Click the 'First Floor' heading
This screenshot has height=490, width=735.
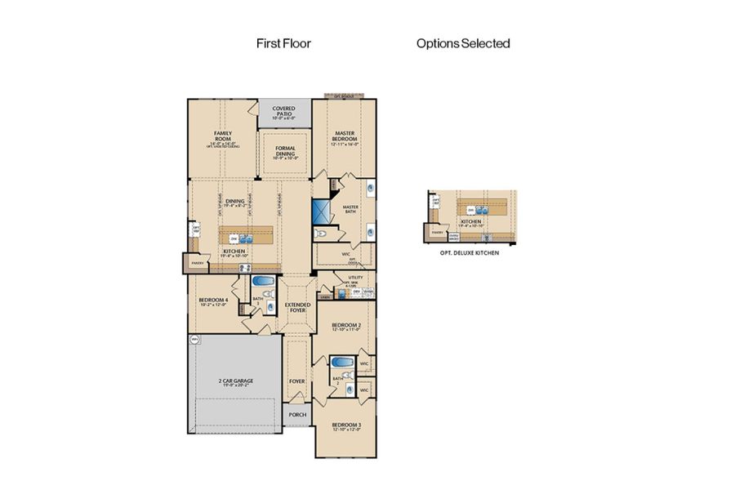[x=283, y=43]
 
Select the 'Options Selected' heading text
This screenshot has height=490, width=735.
[x=463, y=43]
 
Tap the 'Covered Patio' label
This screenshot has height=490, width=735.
[x=283, y=111]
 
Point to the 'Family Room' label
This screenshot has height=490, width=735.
[x=223, y=135]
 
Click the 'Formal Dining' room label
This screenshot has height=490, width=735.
[x=285, y=151]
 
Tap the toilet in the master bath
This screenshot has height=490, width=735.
[x=321, y=234]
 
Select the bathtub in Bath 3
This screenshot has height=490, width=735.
[x=263, y=282]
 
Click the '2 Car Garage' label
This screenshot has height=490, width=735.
[x=235, y=383]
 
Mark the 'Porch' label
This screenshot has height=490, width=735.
[x=296, y=414]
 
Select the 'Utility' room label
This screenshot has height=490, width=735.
[x=355, y=278]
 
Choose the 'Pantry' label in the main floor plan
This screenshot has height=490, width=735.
[x=197, y=264]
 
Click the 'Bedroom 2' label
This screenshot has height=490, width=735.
[x=346, y=327]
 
